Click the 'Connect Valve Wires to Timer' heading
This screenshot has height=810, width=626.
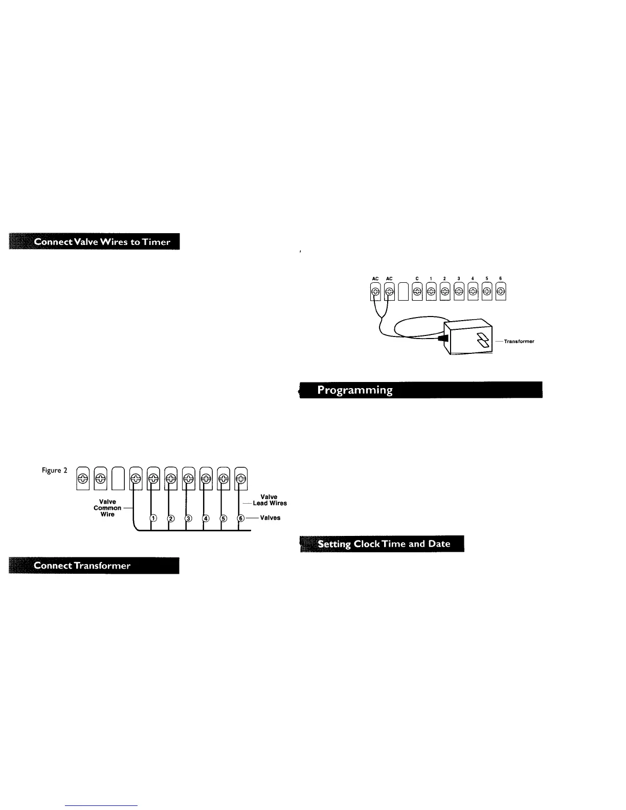coord(95,242)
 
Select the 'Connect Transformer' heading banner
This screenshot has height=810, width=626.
coord(94,565)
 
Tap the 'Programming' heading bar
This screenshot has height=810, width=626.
coord(420,390)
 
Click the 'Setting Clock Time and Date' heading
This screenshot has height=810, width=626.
coord(382,544)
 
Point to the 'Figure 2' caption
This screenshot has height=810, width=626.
coord(55,470)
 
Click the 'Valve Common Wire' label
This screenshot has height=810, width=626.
coord(107,508)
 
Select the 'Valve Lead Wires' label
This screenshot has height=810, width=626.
coord(270,500)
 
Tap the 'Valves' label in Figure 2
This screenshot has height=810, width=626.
coord(270,517)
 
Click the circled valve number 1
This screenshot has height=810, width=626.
coord(153,518)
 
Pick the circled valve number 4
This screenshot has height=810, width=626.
coord(206,518)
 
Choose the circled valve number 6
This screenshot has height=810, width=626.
coord(241,518)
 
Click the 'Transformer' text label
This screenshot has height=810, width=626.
coord(519,341)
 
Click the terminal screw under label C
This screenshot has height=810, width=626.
coord(417,292)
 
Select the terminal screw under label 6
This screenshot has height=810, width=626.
coord(501,292)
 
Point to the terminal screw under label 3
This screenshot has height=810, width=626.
coord(459,292)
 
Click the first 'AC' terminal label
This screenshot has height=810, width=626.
coord(375,279)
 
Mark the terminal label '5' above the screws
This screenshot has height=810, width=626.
coord(487,279)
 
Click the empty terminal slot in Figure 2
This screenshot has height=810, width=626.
coord(118,479)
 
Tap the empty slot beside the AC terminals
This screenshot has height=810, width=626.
coord(403,292)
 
